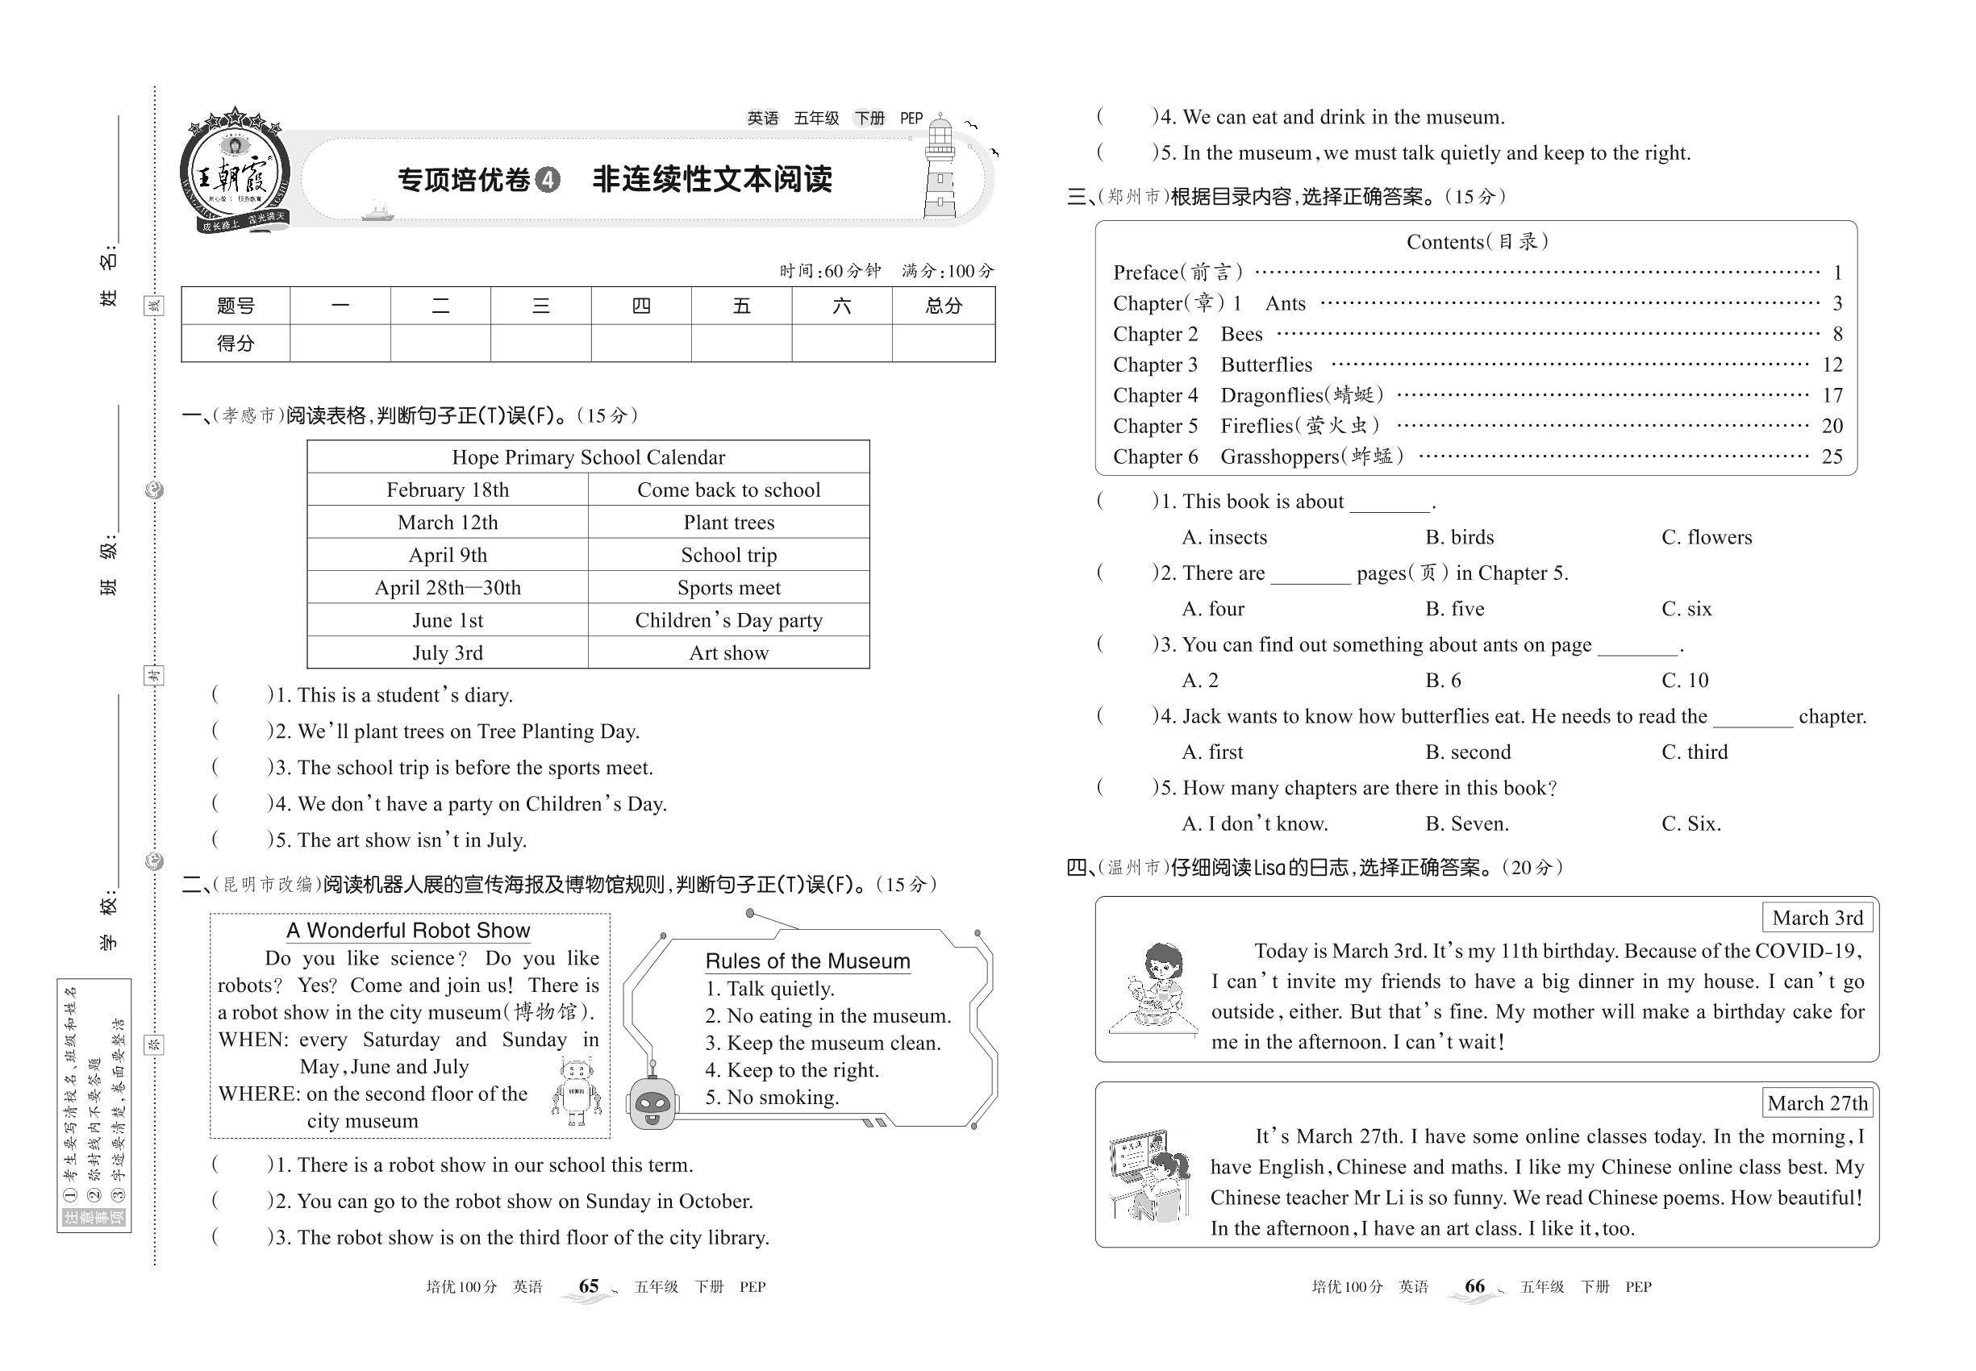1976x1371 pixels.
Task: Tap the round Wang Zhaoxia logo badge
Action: point(234,172)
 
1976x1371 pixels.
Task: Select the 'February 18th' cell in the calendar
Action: point(448,490)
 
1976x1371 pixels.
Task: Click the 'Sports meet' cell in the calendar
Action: point(728,588)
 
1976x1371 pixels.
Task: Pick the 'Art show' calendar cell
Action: point(728,653)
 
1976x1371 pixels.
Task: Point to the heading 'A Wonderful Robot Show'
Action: point(408,931)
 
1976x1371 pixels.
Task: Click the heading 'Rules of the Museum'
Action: point(807,961)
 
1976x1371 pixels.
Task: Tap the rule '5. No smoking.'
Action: point(772,1097)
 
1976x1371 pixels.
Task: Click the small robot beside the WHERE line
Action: point(576,1091)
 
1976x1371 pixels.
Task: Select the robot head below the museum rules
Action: point(653,1102)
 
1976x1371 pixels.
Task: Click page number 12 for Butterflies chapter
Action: point(1832,365)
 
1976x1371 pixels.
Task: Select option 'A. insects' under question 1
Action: point(1224,537)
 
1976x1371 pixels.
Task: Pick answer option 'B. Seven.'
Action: point(1466,823)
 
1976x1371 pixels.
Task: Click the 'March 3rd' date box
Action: point(1817,918)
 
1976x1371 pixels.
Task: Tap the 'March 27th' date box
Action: point(1817,1103)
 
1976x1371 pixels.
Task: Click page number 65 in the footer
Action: point(589,1286)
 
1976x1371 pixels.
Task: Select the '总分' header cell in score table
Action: point(944,306)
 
